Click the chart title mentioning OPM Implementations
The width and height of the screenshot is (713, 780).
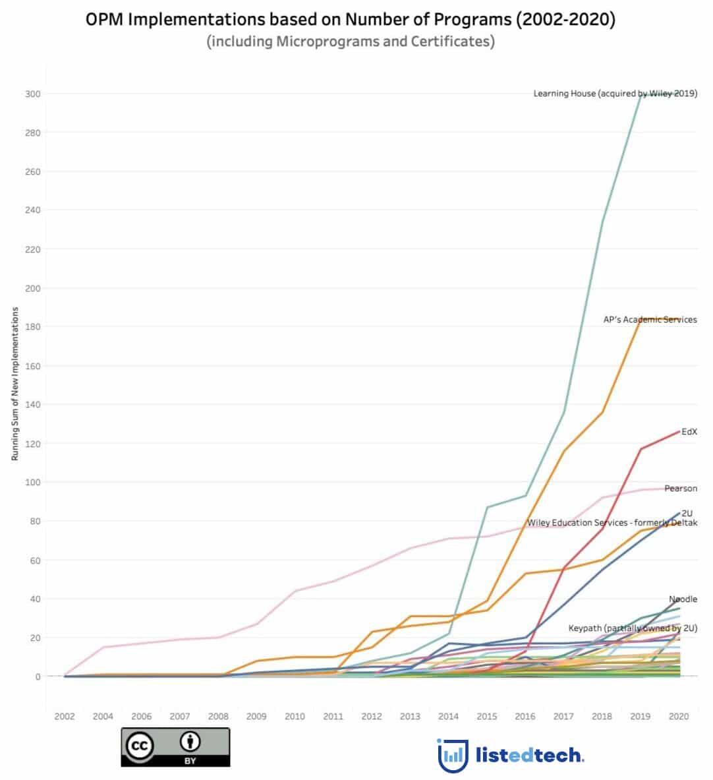click(x=351, y=20)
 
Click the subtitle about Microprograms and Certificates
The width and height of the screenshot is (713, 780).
click(x=351, y=42)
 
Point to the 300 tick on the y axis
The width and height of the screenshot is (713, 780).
click(x=33, y=94)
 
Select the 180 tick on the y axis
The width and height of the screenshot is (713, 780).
click(x=33, y=327)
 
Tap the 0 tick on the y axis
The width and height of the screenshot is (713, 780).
click(x=38, y=677)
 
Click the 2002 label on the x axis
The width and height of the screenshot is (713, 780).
click(x=65, y=717)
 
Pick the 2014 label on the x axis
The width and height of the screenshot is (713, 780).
click(x=449, y=717)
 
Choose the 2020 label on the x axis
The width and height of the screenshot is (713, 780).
click(x=679, y=717)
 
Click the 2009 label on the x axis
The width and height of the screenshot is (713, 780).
click(x=256, y=717)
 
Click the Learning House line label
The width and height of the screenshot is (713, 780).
click(x=615, y=94)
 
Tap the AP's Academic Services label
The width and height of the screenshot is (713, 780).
click(x=650, y=320)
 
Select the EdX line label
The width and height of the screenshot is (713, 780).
click(x=689, y=433)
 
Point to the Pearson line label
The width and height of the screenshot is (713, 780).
click(x=680, y=489)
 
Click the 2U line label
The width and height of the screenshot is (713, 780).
click(x=687, y=513)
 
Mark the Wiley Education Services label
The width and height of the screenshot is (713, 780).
click(x=612, y=523)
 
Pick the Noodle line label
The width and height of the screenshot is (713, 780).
click(x=683, y=599)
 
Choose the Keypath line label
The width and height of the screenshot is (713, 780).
click(x=633, y=628)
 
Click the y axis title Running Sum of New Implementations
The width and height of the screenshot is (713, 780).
click(x=14, y=384)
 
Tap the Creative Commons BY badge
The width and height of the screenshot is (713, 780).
click(x=175, y=747)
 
